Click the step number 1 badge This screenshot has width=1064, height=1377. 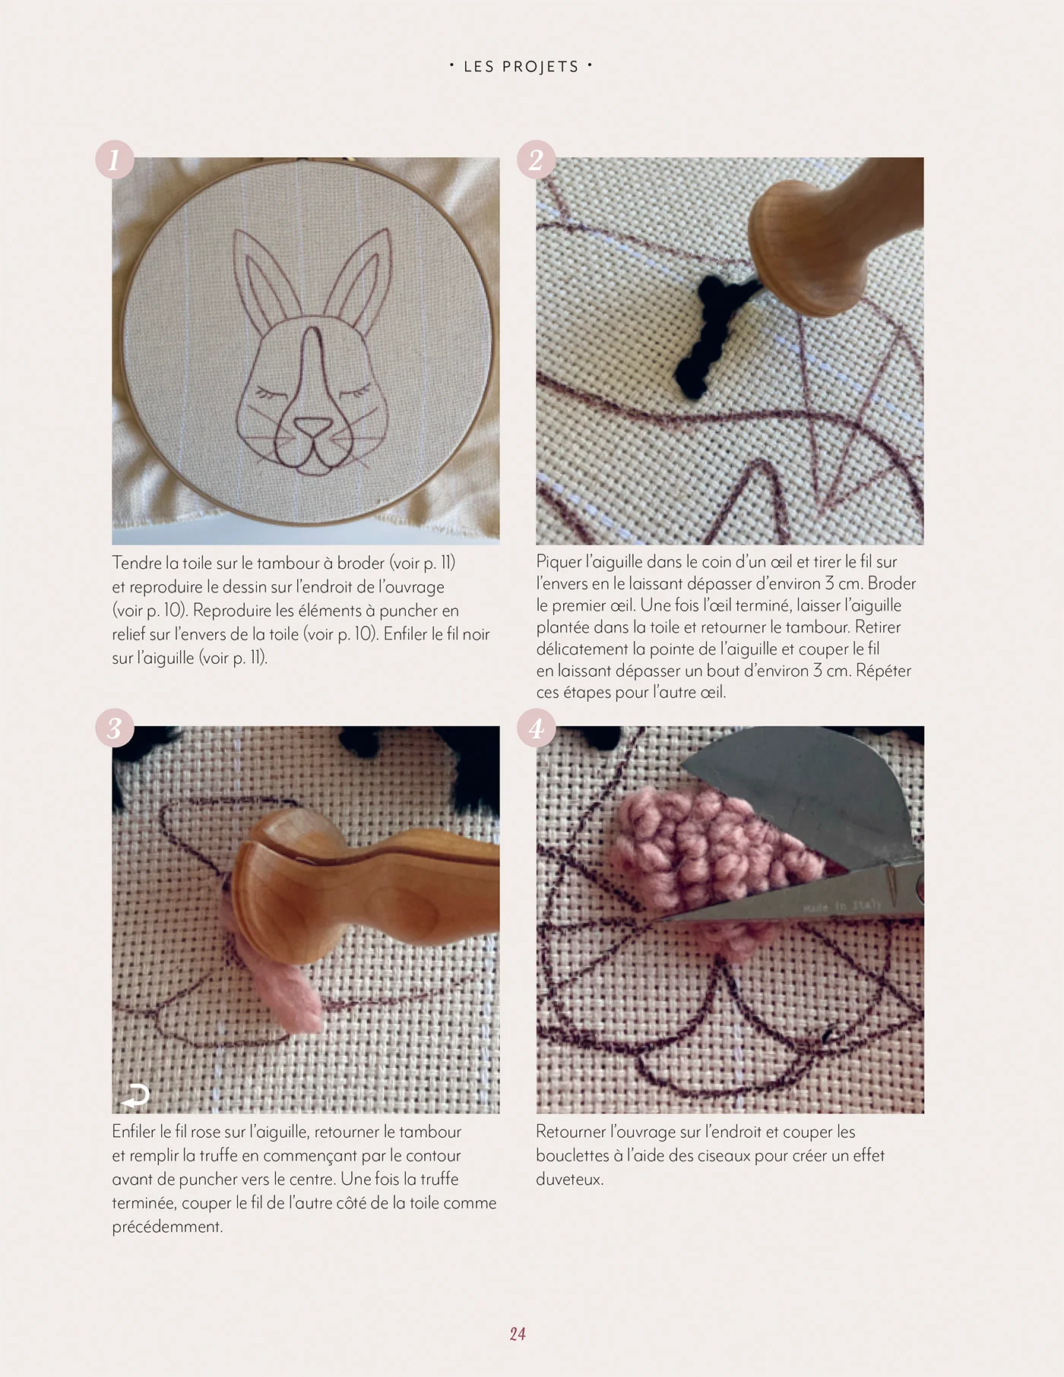[115, 160]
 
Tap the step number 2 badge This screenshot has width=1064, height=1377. [536, 160]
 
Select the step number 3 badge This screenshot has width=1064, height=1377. [115, 729]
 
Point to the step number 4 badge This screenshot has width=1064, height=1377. [536, 729]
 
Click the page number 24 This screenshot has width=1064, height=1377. [518, 1334]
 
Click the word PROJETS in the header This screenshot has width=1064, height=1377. [541, 67]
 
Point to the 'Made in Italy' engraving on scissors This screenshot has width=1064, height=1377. [842, 905]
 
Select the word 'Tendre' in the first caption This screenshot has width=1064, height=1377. [137, 563]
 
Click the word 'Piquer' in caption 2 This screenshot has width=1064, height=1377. [559, 563]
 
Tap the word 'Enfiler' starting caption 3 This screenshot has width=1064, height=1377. [135, 1132]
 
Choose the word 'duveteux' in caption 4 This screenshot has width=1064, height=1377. [569, 1180]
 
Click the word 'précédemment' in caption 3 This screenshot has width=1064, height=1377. [167, 1227]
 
